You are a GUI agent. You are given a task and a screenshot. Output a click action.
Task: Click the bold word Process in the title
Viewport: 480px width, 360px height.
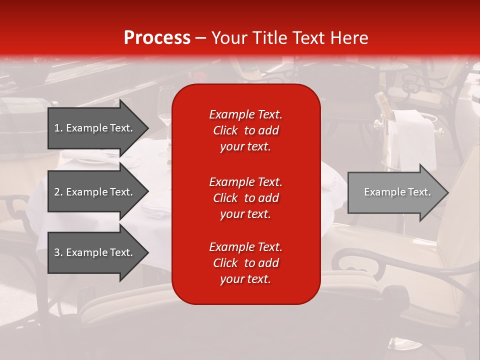click(x=157, y=38)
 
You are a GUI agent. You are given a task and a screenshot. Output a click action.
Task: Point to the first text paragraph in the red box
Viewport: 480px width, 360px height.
click(x=245, y=130)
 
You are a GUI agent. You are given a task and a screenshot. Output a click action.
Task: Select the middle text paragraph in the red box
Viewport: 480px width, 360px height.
click(x=245, y=198)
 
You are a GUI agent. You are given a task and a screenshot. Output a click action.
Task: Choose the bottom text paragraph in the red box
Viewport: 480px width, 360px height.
click(x=245, y=263)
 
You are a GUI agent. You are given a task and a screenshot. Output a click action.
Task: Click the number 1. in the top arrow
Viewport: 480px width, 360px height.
click(x=58, y=128)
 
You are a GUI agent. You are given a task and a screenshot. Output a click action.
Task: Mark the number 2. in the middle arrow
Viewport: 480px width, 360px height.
click(x=58, y=192)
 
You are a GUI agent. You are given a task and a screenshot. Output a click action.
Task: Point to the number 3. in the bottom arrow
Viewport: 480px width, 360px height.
click(x=58, y=252)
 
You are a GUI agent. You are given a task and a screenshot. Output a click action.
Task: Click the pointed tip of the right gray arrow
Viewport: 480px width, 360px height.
click(x=446, y=192)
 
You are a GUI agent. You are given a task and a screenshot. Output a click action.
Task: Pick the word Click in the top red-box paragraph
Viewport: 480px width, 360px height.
click(x=225, y=130)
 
